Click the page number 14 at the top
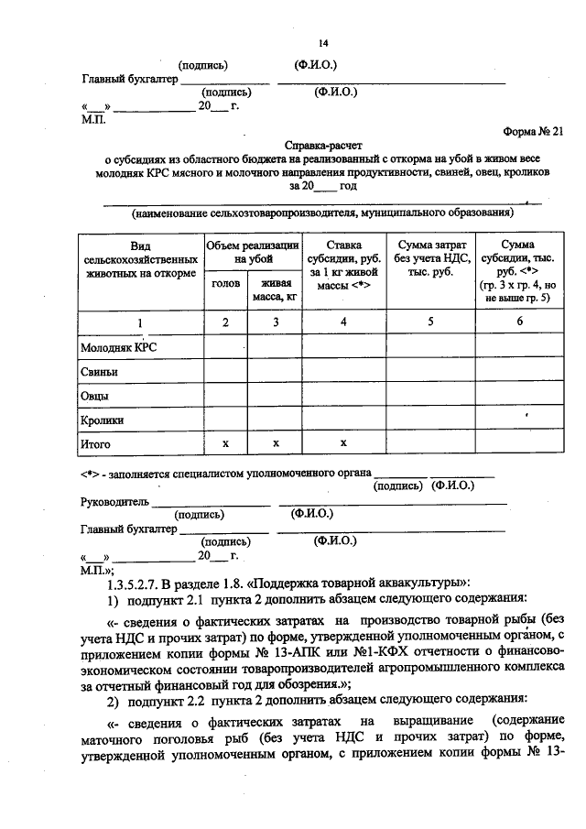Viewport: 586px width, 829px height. click(322, 43)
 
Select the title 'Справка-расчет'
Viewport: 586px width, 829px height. click(322, 145)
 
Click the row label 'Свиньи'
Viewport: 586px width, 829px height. click(100, 372)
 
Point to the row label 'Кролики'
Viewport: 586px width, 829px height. click(103, 420)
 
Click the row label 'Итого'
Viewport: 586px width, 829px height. click(96, 444)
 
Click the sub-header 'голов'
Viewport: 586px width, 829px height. click(225, 284)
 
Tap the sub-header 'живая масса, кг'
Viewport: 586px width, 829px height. click(275, 290)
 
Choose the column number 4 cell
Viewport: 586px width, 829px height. click(342, 322)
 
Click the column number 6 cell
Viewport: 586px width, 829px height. click(519, 322)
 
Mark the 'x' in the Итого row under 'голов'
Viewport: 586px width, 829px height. click(225, 444)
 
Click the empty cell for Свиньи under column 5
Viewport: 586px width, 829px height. click(431, 372)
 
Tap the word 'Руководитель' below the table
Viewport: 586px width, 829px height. click(114, 501)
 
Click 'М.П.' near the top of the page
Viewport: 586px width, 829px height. click(93, 119)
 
